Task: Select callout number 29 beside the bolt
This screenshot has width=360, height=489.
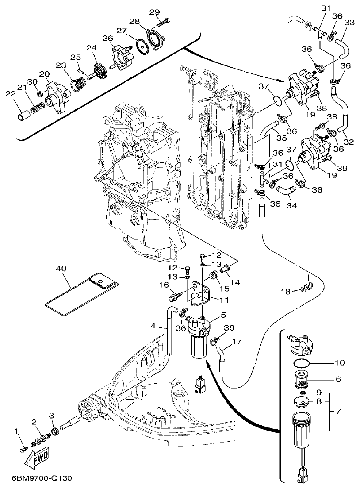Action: tap(154, 12)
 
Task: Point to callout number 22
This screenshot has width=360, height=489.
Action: tap(10, 94)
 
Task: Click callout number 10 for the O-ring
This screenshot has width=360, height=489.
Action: tap(339, 363)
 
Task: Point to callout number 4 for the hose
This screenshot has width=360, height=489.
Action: tap(153, 326)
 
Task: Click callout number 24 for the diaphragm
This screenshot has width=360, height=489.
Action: tap(91, 48)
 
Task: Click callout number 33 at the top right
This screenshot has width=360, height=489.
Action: tap(349, 23)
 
